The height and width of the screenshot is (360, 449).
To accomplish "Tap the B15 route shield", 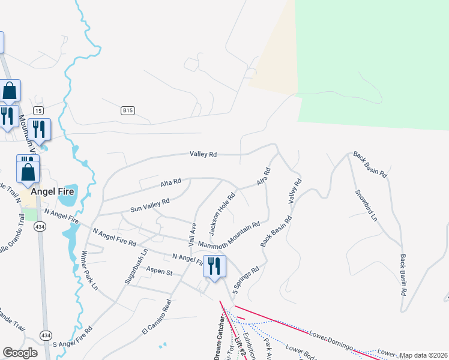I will coord(127,110).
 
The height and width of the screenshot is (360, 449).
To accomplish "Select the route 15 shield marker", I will coord(38,110).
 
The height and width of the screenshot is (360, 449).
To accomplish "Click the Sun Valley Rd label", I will coord(150,206).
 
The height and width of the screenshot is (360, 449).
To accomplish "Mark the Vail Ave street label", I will coord(193,235).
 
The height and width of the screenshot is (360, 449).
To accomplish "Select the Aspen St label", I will coord(160,273).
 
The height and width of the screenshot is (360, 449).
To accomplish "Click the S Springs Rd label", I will coord(247,280).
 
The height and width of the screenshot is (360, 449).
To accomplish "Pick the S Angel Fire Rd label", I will coord(72,337).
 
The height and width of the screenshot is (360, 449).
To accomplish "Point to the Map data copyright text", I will coord(423,355).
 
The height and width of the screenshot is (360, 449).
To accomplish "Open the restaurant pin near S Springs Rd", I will coord(214,266).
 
